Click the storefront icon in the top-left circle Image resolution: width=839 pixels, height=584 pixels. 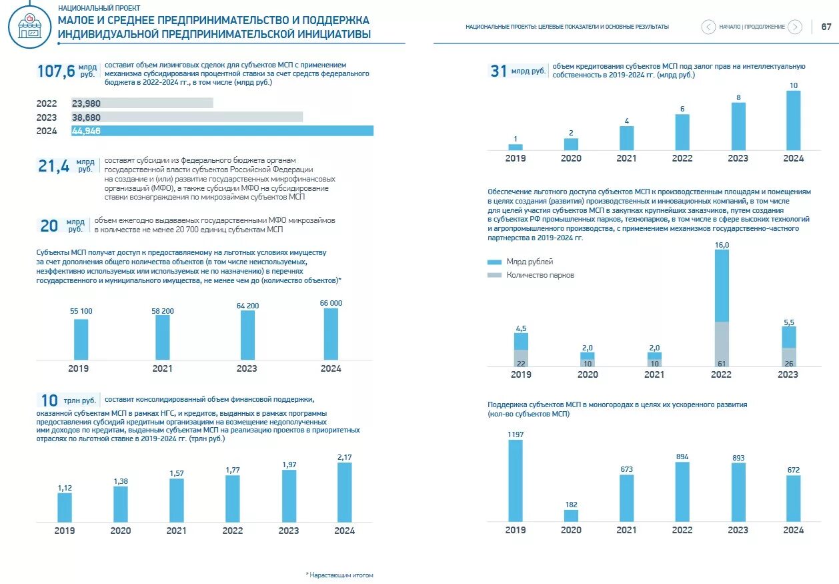[x=29, y=27]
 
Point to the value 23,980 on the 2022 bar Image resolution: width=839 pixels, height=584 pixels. [x=86, y=103]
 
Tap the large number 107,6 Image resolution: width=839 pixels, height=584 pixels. [x=55, y=71]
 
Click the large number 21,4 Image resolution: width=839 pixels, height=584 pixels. [x=53, y=166]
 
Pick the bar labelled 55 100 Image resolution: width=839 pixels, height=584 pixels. [x=81, y=339]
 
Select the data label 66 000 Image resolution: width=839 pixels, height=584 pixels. [x=331, y=303]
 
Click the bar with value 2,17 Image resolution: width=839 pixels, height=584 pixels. [x=344, y=492]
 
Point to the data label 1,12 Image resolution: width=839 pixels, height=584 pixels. [x=65, y=488]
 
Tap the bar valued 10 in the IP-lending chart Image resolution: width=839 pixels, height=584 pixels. [x=793, y=120]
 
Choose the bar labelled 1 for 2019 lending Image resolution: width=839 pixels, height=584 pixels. [x=516, y=147]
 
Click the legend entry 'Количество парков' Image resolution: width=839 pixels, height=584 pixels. [x=540, y=275]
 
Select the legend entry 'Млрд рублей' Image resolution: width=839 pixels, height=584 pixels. [x=530, y=262]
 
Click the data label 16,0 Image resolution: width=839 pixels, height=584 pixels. [x=722, y=245]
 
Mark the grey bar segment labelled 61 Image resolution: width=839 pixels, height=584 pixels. [x=722, y=344]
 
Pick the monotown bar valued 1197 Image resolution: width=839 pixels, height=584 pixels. [x=516, y=481]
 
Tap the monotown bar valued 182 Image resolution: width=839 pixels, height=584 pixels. [x=571, y=515]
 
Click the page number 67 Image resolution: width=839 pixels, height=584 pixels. [x=826, y=27]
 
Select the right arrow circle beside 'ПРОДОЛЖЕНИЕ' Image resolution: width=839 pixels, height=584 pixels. [x=794, y=27]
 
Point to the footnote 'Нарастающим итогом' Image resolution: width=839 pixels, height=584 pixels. [x=341, y=575]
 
